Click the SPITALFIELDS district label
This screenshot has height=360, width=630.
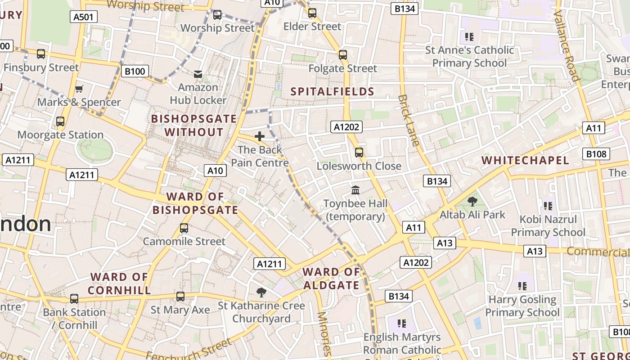[333, 92]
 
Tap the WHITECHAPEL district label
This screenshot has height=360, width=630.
[525, 160]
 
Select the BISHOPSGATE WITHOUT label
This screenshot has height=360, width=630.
[194, 126]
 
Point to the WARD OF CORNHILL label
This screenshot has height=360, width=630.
[119, 283]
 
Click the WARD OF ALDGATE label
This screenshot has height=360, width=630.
[331, 279]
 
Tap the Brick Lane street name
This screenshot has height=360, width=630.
[409, 120]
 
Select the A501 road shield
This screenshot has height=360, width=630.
[84, 17]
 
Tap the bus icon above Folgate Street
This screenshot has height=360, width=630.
[343, 55]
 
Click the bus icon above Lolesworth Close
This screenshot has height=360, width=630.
[359, 153]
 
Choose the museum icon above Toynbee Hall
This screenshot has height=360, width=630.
[355, 190]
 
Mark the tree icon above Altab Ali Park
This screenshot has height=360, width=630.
[472, 201]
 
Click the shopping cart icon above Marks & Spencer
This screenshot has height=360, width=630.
[79, 89]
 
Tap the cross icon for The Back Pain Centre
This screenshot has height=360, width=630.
[260, 136]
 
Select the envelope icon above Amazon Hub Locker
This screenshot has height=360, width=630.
[198, 74]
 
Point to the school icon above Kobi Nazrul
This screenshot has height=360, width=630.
[548, 206]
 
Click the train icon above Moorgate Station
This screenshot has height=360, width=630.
[60, 121]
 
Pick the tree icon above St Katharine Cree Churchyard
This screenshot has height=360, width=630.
[261, 292]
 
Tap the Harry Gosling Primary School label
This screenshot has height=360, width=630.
[522, 306]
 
